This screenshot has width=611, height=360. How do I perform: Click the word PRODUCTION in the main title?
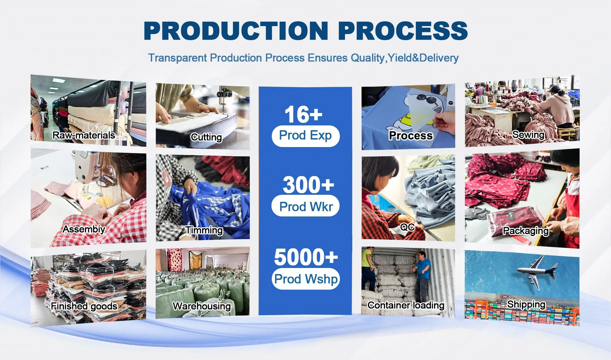[236, 31]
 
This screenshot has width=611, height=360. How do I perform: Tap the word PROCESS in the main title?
[403, 31]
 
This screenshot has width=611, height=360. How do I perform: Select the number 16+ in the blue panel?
[303, 115]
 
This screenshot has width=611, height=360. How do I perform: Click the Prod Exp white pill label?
[305, 136]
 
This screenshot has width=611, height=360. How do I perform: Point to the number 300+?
[308, 185]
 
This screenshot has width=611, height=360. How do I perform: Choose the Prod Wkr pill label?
[305, 206]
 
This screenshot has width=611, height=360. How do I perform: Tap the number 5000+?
[306, 257]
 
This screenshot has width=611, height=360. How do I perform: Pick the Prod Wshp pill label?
[305, 279]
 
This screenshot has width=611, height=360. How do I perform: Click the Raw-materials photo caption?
[84, 135]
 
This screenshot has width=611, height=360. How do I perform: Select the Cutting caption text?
[206, 137]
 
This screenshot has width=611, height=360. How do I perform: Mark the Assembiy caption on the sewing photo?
[84, 229]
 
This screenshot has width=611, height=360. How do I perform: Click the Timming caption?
[204, 230]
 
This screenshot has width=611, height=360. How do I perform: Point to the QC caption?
[407, 227]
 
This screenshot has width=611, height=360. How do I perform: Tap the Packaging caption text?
[526, 231]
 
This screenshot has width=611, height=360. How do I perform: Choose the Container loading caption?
[406, 305]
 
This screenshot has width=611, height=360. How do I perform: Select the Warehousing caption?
[202, 306]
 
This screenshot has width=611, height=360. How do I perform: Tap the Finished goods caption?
[84, 306]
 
